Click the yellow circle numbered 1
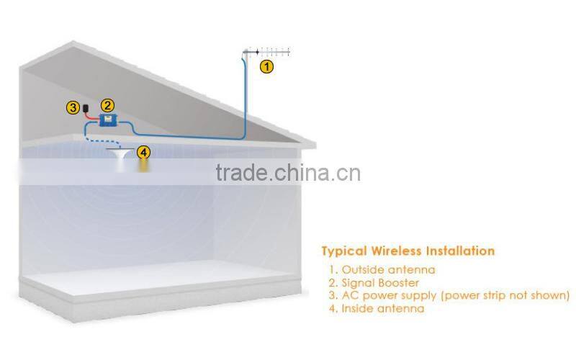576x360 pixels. pyautogui.click(x=266, y=66)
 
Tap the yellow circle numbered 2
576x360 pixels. pyautogui.click(x=107, y=105)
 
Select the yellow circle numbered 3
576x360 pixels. pyautogui.click(x=73, y=108)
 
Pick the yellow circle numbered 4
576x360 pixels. pyautogui.click(x=144, y=152)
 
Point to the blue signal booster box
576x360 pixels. pyautogui.click(x=108, y=121)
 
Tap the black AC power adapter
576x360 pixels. pyautogui.click(x=87, y=107)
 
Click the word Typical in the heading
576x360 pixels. pyautogui.click(x=345, y=251)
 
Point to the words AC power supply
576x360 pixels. pyautogui.click(x=384, y=295)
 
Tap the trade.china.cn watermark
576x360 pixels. pyautogui.click(x=288, y=174)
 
